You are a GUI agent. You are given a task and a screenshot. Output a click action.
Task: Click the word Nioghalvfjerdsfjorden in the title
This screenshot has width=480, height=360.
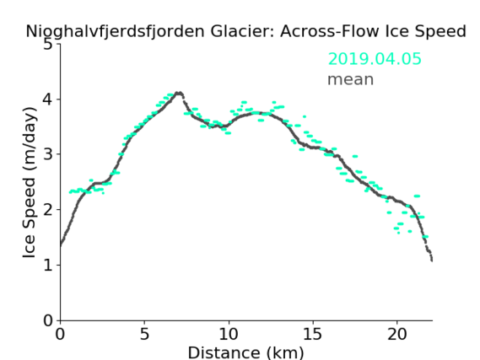point(115,32)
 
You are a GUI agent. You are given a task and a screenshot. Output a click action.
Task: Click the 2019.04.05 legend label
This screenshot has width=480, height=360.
point(375,58)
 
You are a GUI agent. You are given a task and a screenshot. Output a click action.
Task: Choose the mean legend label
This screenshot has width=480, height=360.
point(351,79)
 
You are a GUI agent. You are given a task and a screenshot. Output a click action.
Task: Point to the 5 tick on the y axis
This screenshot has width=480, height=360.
point(47,45)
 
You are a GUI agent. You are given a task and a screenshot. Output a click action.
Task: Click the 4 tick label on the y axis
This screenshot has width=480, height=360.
point(47,99)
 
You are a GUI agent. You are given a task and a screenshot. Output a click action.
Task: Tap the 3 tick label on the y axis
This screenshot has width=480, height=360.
point(47,154)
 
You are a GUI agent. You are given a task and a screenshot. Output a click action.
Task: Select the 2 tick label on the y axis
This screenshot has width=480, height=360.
point(47,210)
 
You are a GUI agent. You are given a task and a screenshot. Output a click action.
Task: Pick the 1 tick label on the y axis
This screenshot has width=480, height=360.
point(48,265)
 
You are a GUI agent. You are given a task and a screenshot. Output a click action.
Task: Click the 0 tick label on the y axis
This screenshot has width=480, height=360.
point(47,320)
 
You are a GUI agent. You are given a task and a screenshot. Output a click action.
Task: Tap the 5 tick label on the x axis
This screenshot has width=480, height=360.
point(144,334)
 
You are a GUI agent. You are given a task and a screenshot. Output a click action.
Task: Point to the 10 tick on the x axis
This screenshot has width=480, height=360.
point(229,334)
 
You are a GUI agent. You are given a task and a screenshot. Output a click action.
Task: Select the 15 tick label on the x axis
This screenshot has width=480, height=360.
point(313,334)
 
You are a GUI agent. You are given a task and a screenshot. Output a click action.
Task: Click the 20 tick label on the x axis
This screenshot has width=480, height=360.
point(397,334)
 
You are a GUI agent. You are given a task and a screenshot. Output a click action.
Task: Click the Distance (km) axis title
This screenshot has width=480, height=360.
point(245,352)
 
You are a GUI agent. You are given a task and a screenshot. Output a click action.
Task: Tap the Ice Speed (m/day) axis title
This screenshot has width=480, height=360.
point(30,183)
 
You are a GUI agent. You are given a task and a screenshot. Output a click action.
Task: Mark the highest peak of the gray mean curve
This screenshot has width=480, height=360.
point(179,93)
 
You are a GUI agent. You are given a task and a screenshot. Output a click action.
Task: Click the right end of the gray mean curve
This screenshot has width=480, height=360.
point(432,261)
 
